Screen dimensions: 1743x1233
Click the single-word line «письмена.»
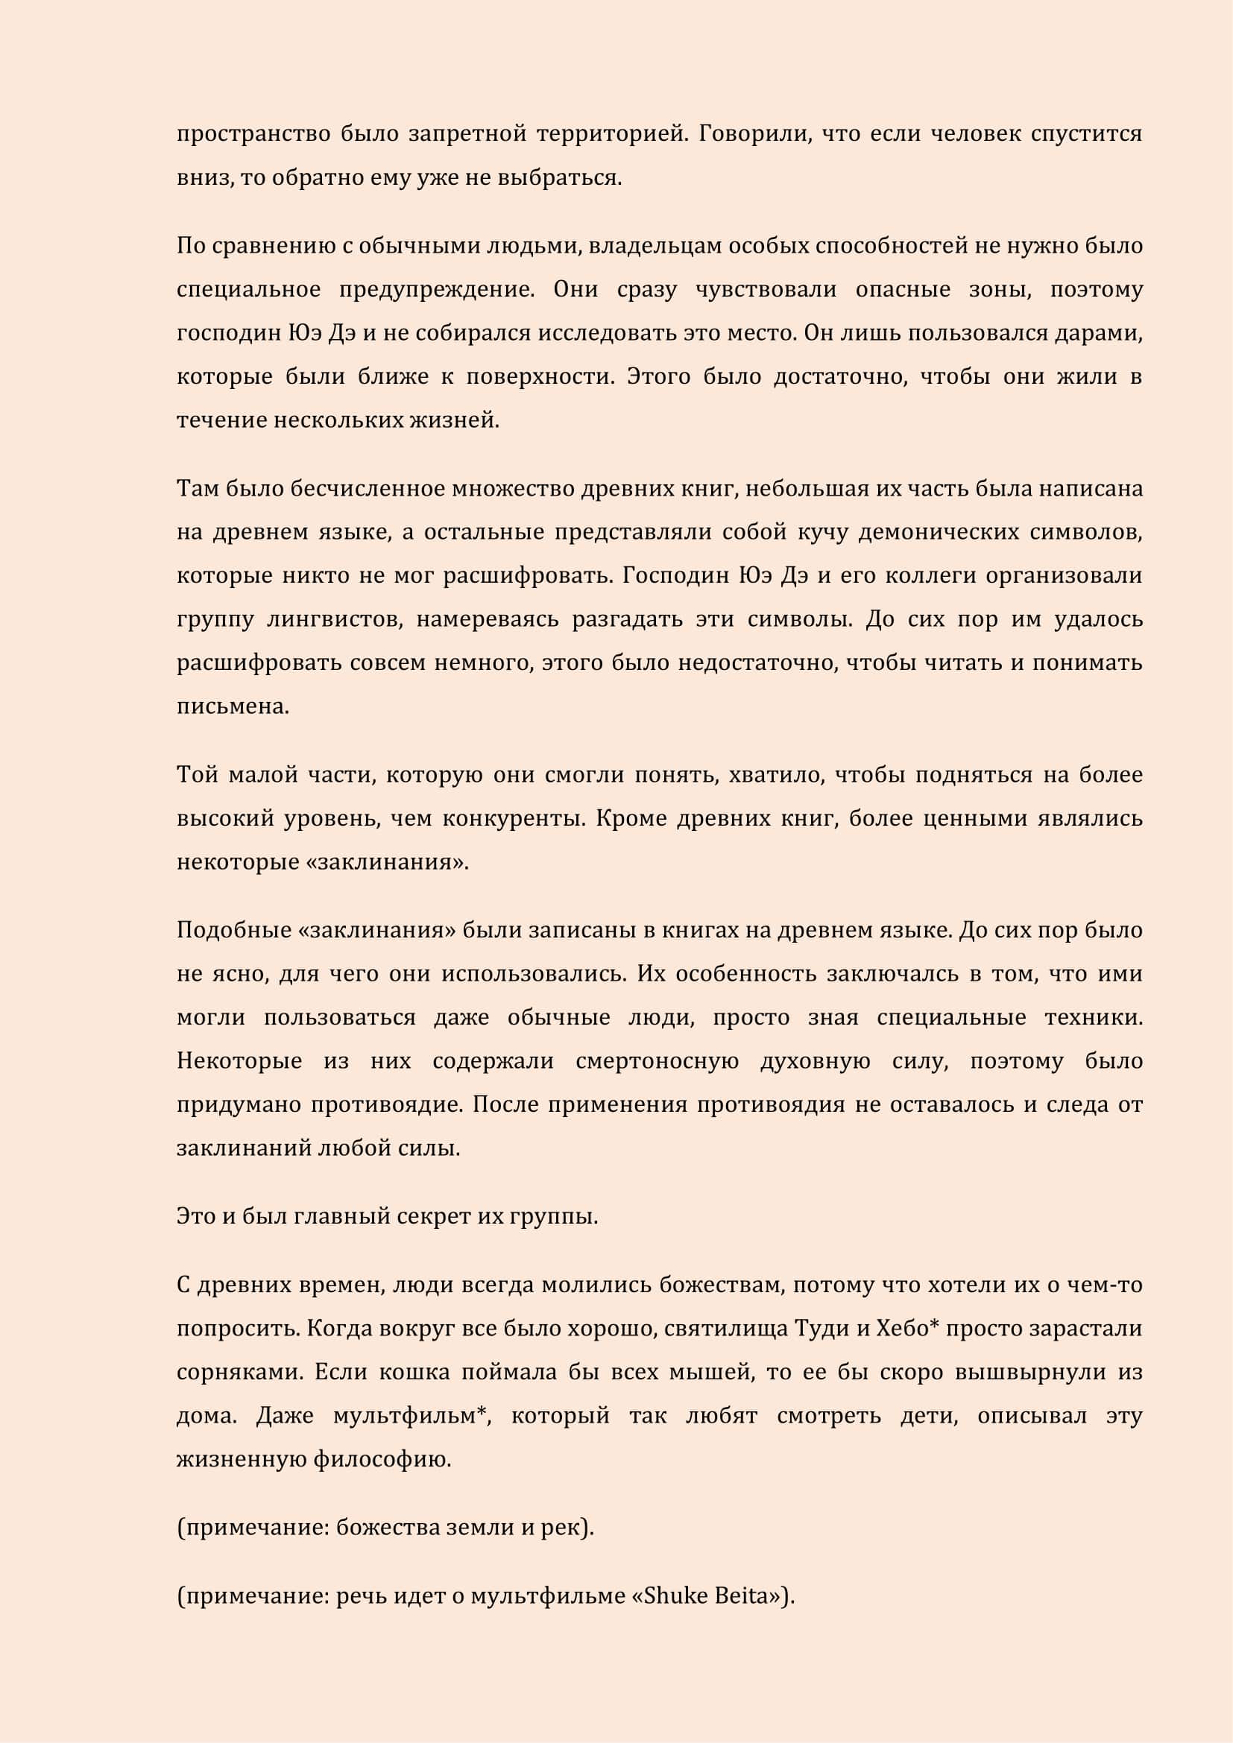[233, 706]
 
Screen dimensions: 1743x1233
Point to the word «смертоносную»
[657, 1061]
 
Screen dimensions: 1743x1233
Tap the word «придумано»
[239, 1104]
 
